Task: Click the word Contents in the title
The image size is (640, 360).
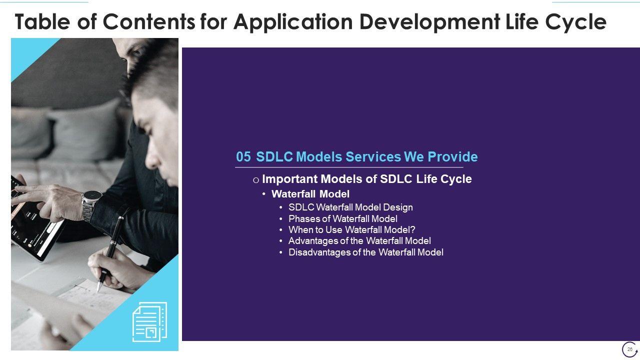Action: tap(148, 21)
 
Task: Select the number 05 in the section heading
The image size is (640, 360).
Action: tap(243, 157)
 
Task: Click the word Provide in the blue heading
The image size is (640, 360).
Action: tap(452, 156)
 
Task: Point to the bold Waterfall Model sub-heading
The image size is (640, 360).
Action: tap(310, 194)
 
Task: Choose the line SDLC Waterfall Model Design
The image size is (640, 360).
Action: tap(350, 207)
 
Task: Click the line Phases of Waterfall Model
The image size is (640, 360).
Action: tap(343, 218)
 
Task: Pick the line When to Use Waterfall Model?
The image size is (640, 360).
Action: tap(351, 229)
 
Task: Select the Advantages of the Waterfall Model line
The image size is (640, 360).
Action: tap(359, 241)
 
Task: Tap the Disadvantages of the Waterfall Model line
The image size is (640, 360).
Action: tap(366, 252)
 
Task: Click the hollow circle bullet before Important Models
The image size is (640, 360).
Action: tap(256, 180)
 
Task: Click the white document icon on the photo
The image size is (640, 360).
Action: tap(149, 322)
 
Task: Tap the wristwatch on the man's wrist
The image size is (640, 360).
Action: tap(91, 203)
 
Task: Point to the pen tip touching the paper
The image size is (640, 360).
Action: tap(98, 291)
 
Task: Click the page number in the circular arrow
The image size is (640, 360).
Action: tap(629, 349)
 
